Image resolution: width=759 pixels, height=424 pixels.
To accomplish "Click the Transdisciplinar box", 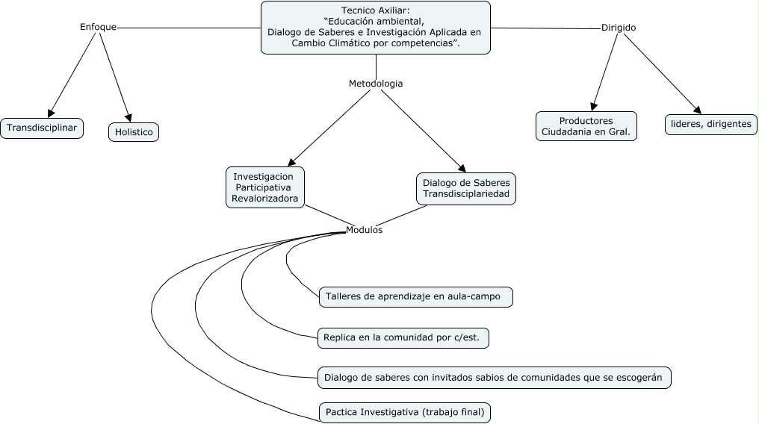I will pos(42,128).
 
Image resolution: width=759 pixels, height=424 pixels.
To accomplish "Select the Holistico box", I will pos(134,132).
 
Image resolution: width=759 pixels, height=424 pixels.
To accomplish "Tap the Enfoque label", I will pos(98,27).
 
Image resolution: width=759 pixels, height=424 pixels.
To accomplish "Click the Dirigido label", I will pos(619,28).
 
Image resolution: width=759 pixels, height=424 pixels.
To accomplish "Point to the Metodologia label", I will pos(376,84).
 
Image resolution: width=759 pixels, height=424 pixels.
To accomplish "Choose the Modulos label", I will pos(364,230).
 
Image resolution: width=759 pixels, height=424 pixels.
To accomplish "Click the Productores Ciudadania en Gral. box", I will pos(586,126).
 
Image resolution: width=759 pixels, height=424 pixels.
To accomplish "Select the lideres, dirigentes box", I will pos(711,124).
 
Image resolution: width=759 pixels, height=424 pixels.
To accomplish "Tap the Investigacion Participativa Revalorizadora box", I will pos(265,187).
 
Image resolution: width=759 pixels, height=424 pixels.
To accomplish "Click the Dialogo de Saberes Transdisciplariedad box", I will pos(466,188).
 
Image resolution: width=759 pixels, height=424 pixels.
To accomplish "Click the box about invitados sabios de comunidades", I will pos(494,377).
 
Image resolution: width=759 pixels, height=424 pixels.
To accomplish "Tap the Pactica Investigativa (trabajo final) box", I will pos(405,411).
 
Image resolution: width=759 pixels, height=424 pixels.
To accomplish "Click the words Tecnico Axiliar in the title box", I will pos(375,10).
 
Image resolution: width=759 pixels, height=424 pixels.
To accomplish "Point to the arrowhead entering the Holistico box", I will pos(128,117).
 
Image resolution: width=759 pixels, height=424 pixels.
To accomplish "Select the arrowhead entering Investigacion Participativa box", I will pos(292,160).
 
